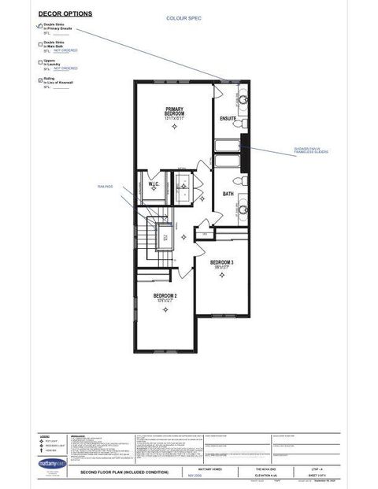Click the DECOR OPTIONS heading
coord(65,14)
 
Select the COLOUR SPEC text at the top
coord(183,17)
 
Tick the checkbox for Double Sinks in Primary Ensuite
coord(40,25)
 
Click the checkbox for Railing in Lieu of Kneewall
coord(40,80)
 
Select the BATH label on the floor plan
coord(228,193)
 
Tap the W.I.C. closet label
coord(154,184)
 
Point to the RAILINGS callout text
coord(105,186)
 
